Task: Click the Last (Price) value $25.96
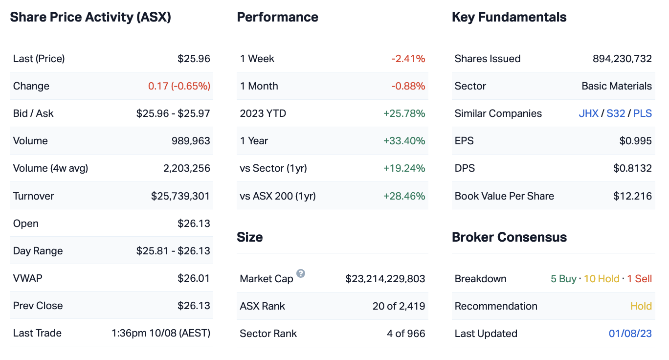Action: [194, 59]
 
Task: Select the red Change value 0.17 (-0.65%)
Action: [179, 86]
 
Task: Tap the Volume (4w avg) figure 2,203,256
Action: [186, 168]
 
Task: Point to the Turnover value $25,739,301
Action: [180, 196]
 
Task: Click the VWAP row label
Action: [28, 278]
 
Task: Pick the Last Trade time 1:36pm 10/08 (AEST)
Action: [161, 333]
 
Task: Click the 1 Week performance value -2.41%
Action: [408, 59]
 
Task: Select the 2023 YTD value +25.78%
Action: [404, 113]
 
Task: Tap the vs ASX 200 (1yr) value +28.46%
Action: [404, 196]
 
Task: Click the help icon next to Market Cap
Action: [301, 273]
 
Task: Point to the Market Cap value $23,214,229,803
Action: [385, 279]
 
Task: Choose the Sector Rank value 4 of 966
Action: [406, 334]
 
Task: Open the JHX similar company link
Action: [588, 113]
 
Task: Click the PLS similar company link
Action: [643, 113]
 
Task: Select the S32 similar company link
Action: [616, 113]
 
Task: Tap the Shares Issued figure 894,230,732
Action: [622, 59]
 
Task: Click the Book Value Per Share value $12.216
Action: [632, 196]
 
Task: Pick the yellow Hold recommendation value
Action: [641, 306]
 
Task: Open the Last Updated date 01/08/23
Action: [630, 334]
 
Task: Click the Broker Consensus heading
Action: [509, 237]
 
